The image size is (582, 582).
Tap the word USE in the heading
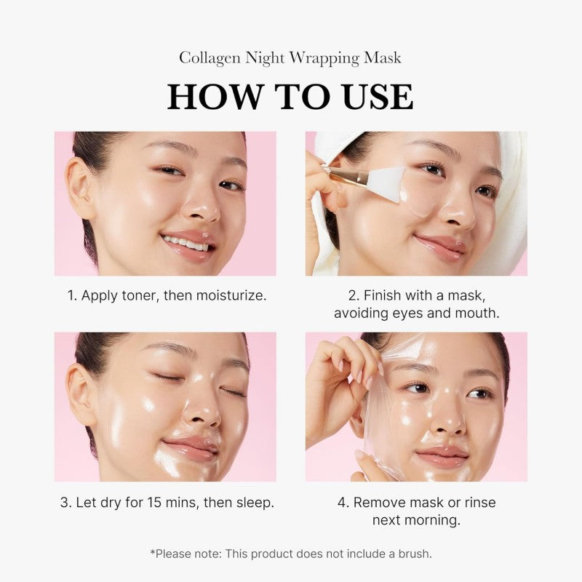click(371, 97)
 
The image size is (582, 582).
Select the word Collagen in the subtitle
click(206, 57)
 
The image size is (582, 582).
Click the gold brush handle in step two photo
click(348, 175)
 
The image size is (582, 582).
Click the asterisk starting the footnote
click(153, 552)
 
